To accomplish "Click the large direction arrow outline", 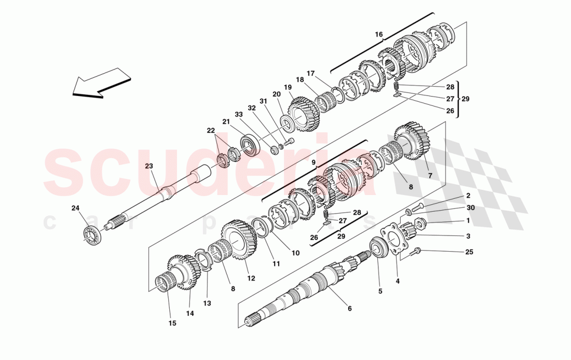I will tap(100, 83).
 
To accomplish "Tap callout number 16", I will tap(379, 35).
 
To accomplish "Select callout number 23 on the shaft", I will tap(149, 167).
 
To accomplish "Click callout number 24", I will tap(75, 209).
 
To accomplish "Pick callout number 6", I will tap(349, 309).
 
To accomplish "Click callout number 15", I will tap(172, 323).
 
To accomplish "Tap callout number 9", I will tap(314, 162).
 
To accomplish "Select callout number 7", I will tap(429, 175).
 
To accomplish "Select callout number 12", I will tap(251, 278).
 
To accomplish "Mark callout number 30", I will tap(470, 207).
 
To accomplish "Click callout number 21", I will tap(226, 121).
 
